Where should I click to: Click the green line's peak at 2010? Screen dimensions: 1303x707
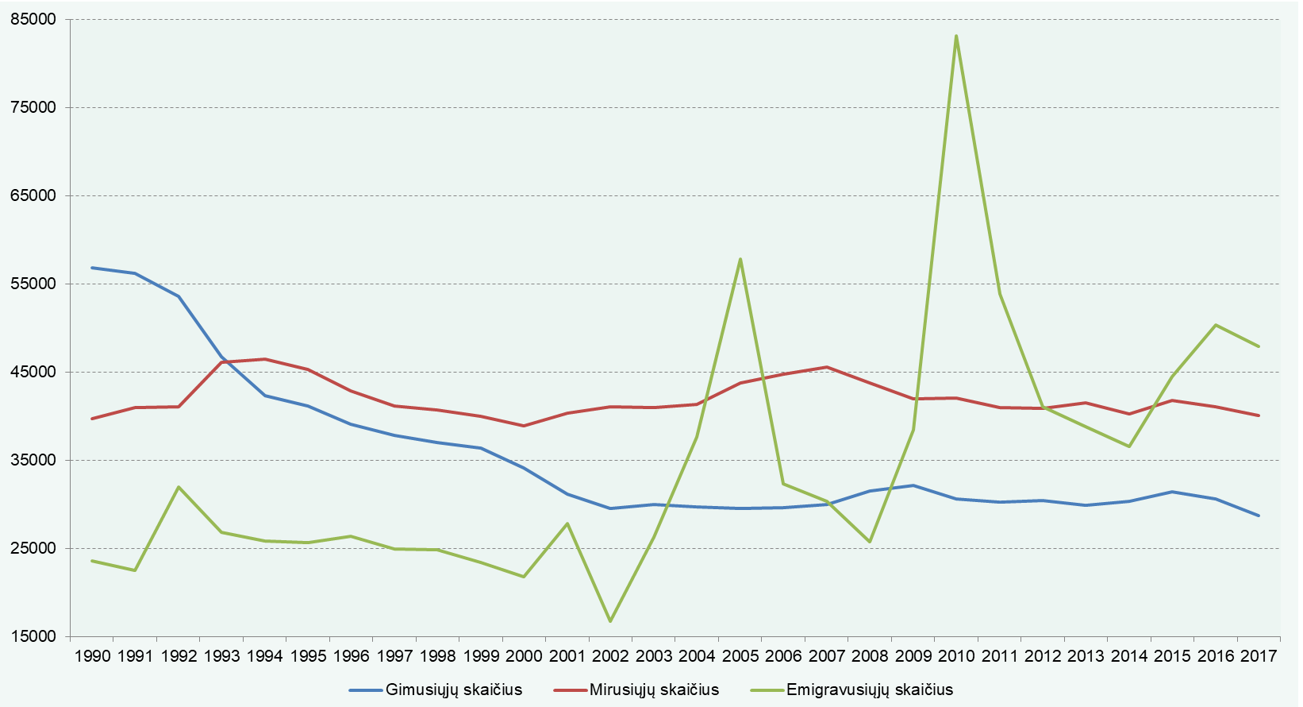955,36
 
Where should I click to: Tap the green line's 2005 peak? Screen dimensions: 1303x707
740,259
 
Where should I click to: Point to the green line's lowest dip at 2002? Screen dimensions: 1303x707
610,621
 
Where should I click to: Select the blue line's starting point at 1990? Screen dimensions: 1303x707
92,268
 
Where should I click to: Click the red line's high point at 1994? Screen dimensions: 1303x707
265,359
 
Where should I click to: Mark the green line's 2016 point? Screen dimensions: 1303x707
1215,325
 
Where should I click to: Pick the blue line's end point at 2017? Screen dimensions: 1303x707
1259,516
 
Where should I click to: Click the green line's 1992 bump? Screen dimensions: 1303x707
179,487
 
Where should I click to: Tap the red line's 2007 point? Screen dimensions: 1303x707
827,367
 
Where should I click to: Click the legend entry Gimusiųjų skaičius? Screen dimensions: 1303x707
436,690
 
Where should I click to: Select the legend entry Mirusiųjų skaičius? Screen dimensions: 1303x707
636,690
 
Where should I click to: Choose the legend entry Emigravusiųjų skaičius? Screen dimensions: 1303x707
851,690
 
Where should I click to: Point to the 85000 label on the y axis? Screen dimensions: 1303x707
34,20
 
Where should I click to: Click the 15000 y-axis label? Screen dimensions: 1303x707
34,636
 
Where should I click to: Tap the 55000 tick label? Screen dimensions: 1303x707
34,284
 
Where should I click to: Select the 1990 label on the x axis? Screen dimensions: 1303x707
93,656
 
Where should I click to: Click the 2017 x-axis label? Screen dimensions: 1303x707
1259,656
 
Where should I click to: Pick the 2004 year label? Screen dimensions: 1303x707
697,656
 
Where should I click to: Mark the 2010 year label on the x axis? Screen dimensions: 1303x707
955,656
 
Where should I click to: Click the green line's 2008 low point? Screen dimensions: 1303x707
870,542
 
